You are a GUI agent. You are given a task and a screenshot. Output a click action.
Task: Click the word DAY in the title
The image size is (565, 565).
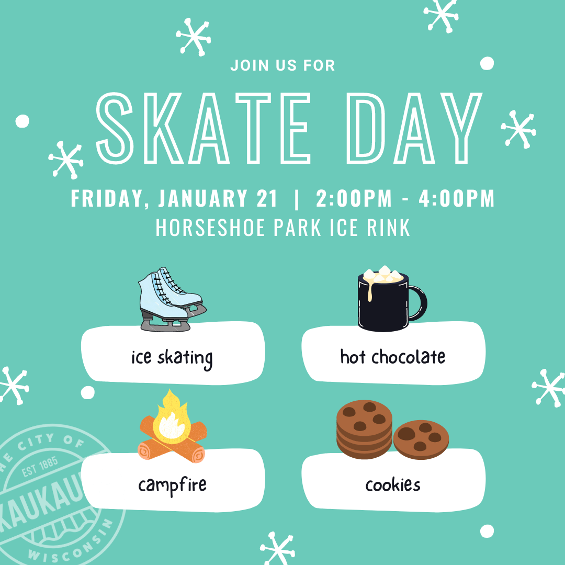(414, 128)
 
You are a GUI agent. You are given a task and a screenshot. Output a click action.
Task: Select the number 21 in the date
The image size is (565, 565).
(267, 198)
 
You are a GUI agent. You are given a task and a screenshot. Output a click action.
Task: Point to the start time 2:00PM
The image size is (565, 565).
(354, 198)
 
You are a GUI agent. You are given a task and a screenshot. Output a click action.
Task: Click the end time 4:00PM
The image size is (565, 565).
(457, 198)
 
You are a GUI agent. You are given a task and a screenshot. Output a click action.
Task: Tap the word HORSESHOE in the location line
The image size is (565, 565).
(210, 228)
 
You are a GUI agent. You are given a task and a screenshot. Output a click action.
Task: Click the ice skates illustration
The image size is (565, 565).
(172, 299)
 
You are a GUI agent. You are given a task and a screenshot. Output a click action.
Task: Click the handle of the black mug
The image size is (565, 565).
(419, 303)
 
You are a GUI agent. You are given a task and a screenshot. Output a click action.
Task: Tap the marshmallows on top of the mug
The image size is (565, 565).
(383, 275)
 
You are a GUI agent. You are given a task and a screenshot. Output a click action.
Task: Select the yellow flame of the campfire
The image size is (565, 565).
(172, 418)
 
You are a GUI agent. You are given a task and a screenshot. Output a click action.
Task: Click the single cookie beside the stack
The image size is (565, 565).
(421, 439)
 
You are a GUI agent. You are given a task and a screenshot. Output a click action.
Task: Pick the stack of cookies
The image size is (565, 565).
(364, 430)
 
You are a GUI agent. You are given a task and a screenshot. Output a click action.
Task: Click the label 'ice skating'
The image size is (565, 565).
(172, 358)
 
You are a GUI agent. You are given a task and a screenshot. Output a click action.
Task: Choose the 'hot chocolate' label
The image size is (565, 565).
(393, 357)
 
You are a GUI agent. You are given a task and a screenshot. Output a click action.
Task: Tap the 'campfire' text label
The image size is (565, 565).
(172, 486)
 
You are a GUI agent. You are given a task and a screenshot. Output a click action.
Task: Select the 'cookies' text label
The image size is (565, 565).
(393, 484)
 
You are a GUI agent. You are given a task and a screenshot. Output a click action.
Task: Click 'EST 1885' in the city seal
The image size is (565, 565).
(40, 466)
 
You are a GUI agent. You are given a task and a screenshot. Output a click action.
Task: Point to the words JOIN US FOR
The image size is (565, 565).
(283, 65)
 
